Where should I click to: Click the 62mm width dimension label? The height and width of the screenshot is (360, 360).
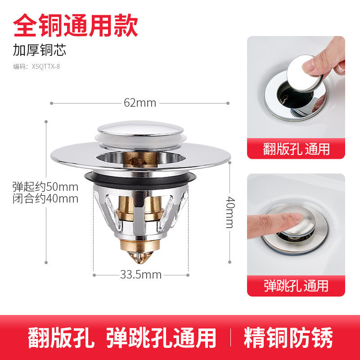[x=140, y=103]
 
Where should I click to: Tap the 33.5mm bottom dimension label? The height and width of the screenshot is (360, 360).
[x=141, y=274]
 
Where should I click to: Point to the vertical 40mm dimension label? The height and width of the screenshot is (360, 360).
[x=230, y=212]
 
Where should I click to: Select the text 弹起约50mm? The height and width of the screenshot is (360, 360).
[x=45, y=187]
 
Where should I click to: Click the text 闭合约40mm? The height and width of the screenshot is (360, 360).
[x=45, y=198]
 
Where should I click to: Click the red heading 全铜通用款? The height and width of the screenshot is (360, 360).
[x=76, y=25]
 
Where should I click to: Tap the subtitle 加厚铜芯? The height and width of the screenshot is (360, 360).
[x=40, y=50]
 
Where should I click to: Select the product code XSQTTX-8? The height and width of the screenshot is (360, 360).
[x=46, y=67]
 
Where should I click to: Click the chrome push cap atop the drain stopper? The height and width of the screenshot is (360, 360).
[x=140, y=128]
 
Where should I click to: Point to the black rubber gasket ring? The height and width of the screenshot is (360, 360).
[x=140, y=180]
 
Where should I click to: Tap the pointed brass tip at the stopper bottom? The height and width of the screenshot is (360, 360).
[x=140, y=257]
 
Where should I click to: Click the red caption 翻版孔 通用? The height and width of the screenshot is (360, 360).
[x=296, y=149]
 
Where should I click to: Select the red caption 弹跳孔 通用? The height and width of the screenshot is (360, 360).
[x=296, y=286]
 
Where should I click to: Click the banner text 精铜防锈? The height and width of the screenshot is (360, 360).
[x=288, y=337]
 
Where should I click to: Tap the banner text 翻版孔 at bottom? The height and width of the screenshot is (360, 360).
[x=61, y=337]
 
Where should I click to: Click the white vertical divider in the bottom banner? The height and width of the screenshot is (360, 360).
[x=230, y=337]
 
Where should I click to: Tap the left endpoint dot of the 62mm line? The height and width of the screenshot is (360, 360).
[x=51, y=103]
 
